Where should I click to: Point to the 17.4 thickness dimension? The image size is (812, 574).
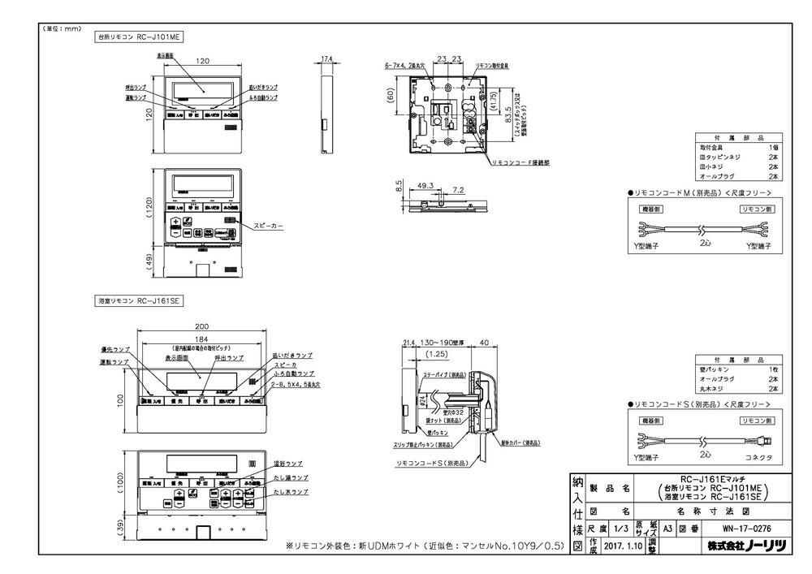327,59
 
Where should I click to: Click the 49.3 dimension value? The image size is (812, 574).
425,185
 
